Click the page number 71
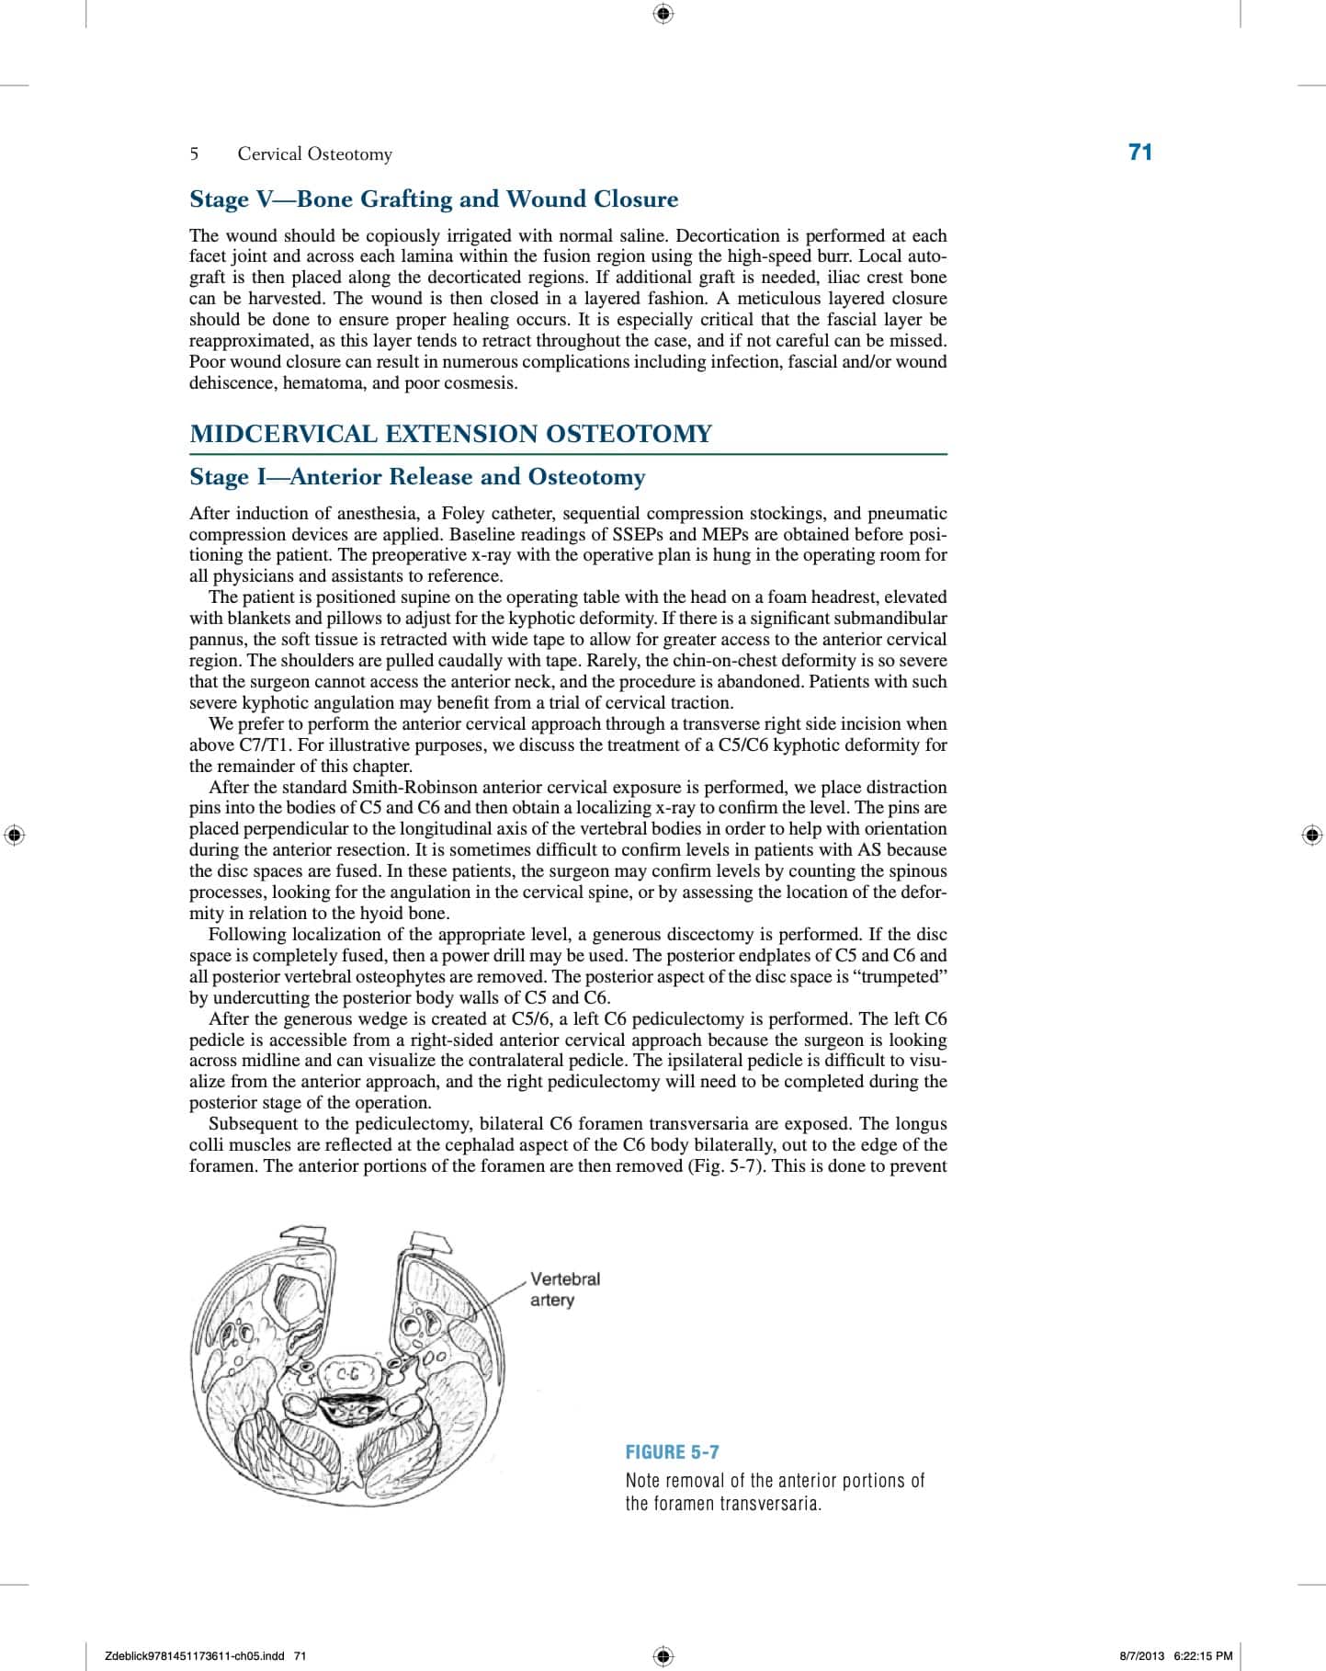1139,153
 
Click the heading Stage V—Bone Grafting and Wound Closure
434,199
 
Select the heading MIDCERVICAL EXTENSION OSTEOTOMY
450,434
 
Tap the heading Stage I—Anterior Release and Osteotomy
417,477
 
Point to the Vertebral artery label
564,1289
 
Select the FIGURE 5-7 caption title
672,1452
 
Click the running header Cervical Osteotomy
314,154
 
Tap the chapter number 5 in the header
194,154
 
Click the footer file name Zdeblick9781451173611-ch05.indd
198,1656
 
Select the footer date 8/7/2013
1141,1656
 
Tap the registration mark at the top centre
663,14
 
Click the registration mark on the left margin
14,835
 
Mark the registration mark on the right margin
1312,835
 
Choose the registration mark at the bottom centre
663,1656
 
